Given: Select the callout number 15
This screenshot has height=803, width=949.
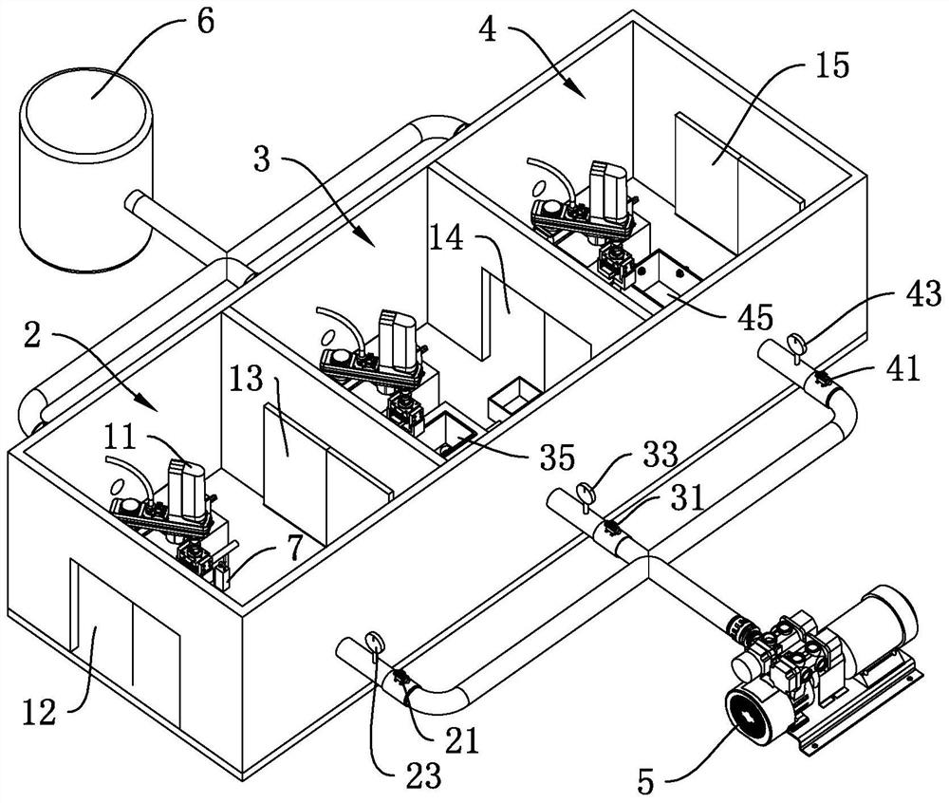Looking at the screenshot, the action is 831,65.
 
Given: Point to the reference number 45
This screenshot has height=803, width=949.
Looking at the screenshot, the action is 754,316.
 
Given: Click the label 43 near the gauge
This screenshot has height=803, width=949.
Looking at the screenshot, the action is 923,294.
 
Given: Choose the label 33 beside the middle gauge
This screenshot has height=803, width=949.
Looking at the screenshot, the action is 660,454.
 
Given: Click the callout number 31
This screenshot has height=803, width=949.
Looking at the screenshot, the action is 687,498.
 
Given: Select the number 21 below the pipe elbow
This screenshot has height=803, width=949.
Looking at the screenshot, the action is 461,739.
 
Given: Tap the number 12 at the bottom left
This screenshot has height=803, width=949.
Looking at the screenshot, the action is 41,712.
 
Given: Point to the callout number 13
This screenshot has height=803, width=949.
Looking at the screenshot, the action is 247,380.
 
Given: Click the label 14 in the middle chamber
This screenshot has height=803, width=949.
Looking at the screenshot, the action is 447,238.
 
